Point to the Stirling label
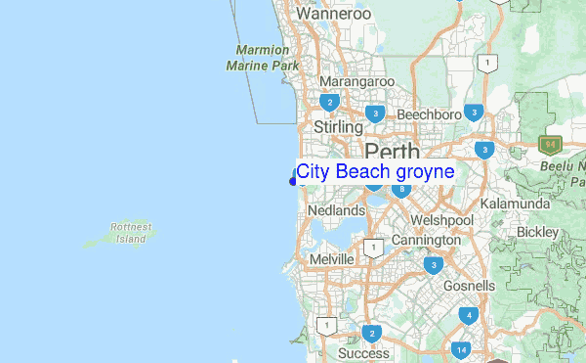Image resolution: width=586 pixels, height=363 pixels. click(x=338, y=127)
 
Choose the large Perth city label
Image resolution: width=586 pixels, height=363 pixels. click(x=392, y=152)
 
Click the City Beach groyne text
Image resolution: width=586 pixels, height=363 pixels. click(x=375, y=172)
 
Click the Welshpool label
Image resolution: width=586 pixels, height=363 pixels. click(x=441, y=220)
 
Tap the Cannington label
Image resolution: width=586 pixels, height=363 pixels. click(x=426, y=240)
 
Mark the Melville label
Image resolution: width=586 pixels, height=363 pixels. click(x=330, y=258)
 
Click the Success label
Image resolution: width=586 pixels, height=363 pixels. click(x=363, y=353)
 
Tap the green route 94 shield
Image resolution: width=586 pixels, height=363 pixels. click(x=551, y=145)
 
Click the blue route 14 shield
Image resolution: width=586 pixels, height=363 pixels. click(x=461, y=349)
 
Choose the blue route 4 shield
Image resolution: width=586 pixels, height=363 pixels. click(x=469, y=315)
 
